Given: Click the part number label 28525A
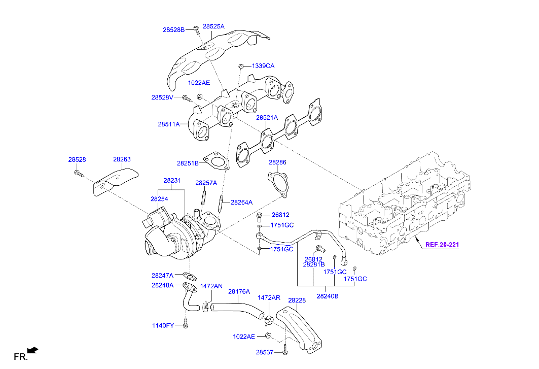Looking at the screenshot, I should tap(213, 26).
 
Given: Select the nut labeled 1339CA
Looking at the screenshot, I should tap(242, 66).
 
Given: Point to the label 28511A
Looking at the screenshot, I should tap(168, 124).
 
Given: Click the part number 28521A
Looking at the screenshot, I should tap(267, 118).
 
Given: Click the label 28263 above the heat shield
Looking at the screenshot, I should tap(122, 159).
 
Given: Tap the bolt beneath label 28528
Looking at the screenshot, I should tap(78, 174).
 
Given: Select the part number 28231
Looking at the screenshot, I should tap(172, 181).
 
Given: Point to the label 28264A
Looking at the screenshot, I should tap(242, 202).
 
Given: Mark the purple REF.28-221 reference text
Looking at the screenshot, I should tap(442, 245).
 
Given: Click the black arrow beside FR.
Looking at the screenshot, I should tap(32, 350).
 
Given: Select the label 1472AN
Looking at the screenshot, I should tap(211, 286).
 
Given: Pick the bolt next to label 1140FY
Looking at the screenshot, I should tap(186, 324).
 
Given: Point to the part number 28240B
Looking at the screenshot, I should tap(328, 296).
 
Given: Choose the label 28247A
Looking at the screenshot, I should tap(162, 275).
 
